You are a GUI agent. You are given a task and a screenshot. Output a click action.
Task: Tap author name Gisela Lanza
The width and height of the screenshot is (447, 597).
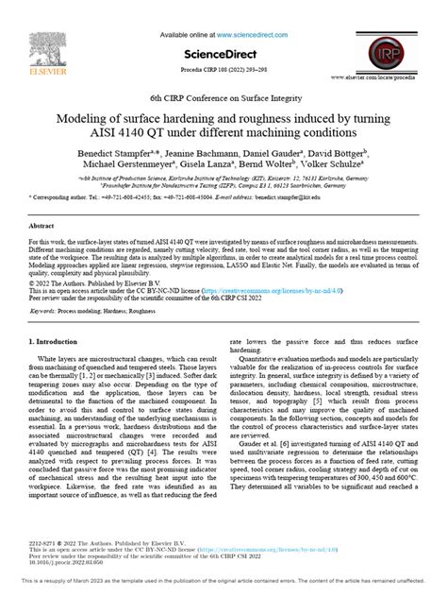[219, 166]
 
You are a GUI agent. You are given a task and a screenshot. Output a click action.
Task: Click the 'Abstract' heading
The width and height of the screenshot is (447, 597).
[41, 227]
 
